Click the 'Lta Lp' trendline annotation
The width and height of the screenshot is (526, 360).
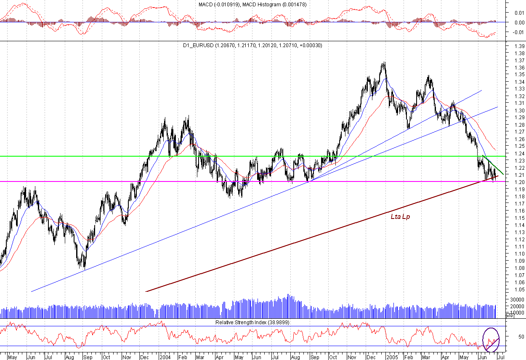coord(400,217)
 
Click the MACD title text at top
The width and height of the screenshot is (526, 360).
coord(252,4)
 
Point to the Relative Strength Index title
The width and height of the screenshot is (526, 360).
coord(252,322)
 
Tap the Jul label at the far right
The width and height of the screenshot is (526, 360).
coord(501,357)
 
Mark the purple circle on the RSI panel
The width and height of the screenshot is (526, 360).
coord(491,340)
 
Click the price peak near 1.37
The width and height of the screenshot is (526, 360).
coord(384,63)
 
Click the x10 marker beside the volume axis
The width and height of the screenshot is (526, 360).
coord(509,315)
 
